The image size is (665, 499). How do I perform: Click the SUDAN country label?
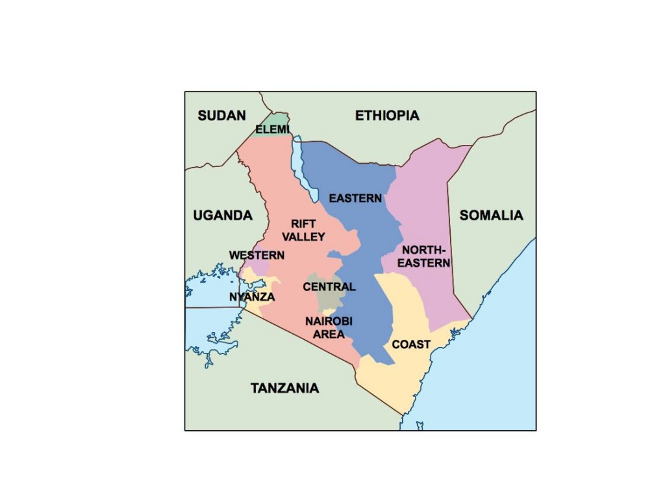point(221,116)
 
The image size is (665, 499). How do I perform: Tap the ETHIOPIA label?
point(387,116)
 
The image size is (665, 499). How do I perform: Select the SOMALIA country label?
point(491,215)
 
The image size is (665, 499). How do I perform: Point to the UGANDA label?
point(223,215)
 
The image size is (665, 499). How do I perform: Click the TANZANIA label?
point(285,388)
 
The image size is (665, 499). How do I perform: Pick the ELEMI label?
point(272,130)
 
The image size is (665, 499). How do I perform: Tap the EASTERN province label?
point(355,198)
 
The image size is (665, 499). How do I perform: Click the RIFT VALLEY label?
point(303,230)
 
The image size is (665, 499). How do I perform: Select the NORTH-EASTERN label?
point(423,256)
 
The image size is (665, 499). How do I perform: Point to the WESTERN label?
point(257,255)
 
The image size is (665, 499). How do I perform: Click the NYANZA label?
point(252,297)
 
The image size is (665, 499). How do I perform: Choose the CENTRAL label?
point(329,287)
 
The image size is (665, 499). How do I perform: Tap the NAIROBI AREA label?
point(329,327)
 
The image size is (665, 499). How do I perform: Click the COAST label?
point(411,344)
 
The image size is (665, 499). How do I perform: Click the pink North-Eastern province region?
point(429,195)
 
